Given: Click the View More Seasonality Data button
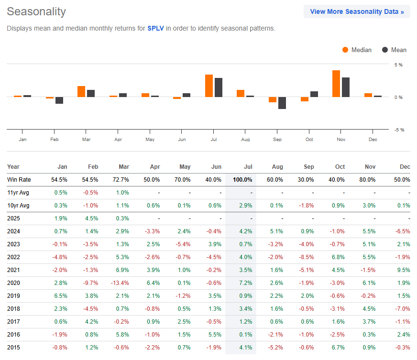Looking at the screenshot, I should [x=357, y=11].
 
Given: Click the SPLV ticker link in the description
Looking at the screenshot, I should [x=155, y=29].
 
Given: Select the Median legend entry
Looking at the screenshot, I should [x=357, y=50].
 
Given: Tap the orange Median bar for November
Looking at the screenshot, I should [x=336, y=84].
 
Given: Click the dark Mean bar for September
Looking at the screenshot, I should [x=282, y=103].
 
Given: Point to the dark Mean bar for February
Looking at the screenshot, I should [x=59, y=100].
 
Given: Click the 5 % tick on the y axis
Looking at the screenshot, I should [x=398, y=65].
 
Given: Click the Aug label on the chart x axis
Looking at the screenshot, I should [x=245, y=139].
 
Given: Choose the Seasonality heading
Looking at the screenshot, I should [x=36, y=11].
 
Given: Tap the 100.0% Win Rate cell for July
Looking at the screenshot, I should [x=242, y=179].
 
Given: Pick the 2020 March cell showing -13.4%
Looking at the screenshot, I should [x=120, y=282].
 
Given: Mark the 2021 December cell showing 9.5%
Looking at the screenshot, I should [x=404, y=269].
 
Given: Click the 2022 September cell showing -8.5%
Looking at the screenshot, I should [x=307, y=256].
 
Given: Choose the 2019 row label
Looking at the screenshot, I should [x=14, y=295].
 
